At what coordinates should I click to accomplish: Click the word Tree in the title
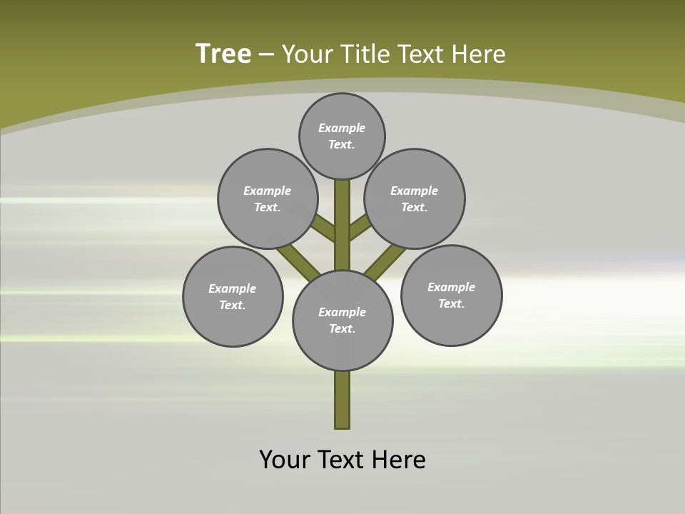pyautogui.click(x=223, y=54)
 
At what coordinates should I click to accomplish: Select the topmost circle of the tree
pyautogui.click(x=342, y=136)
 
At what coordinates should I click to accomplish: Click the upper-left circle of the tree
pyautogui.click(x=268, y=198)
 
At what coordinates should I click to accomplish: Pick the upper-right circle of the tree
pyautogui.click(x=415, y=198)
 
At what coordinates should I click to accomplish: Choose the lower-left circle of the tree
pyautogui.click(x=233, y=296)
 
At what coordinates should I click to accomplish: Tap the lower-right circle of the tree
pyautogui.click(x=452, y=295)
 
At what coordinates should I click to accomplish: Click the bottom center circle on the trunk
pyautogui.click(x=342, y=321)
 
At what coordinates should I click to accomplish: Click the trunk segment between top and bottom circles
pyautogui.click(x=342, y=225)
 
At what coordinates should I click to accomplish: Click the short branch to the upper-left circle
pyautogui.click(x=325, y=228)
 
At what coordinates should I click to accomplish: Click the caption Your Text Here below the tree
pyautogui.click(x=342, y=459)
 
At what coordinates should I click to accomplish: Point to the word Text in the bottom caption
pyautogui.click(x=342, y=459)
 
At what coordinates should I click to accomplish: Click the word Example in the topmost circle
pyautogui.click(x=342, y=128)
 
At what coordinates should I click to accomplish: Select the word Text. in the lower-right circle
pyautogui.click(x=451, y=303)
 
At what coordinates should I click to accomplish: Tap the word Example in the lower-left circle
pyautogui.click(x=232, y=288)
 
